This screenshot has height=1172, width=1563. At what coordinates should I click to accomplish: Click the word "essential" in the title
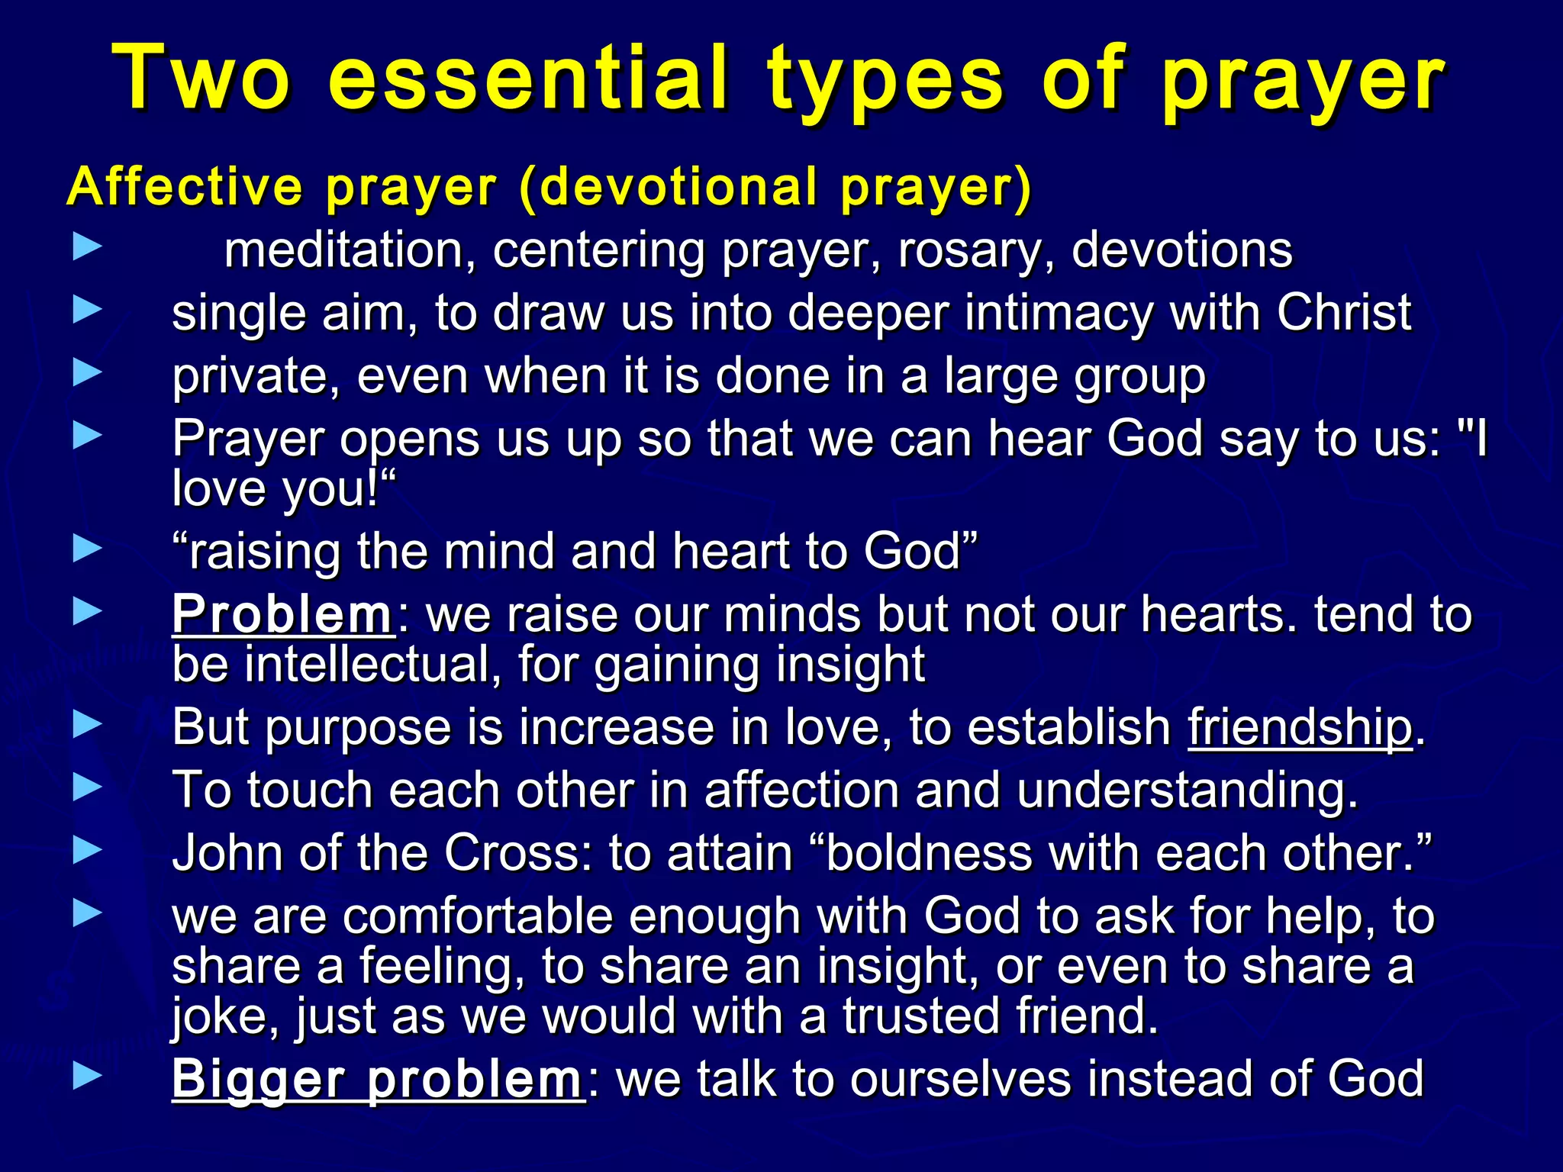[527, 79]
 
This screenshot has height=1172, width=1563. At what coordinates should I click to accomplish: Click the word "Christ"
[1344, 313]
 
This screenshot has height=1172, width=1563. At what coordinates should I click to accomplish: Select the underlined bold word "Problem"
[282, 614]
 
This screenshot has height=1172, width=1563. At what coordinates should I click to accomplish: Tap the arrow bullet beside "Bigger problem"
[87, 1076]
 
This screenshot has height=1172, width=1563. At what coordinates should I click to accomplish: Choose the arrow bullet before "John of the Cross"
[87, 849]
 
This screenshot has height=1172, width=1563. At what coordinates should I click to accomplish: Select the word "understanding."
[1188, 790]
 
